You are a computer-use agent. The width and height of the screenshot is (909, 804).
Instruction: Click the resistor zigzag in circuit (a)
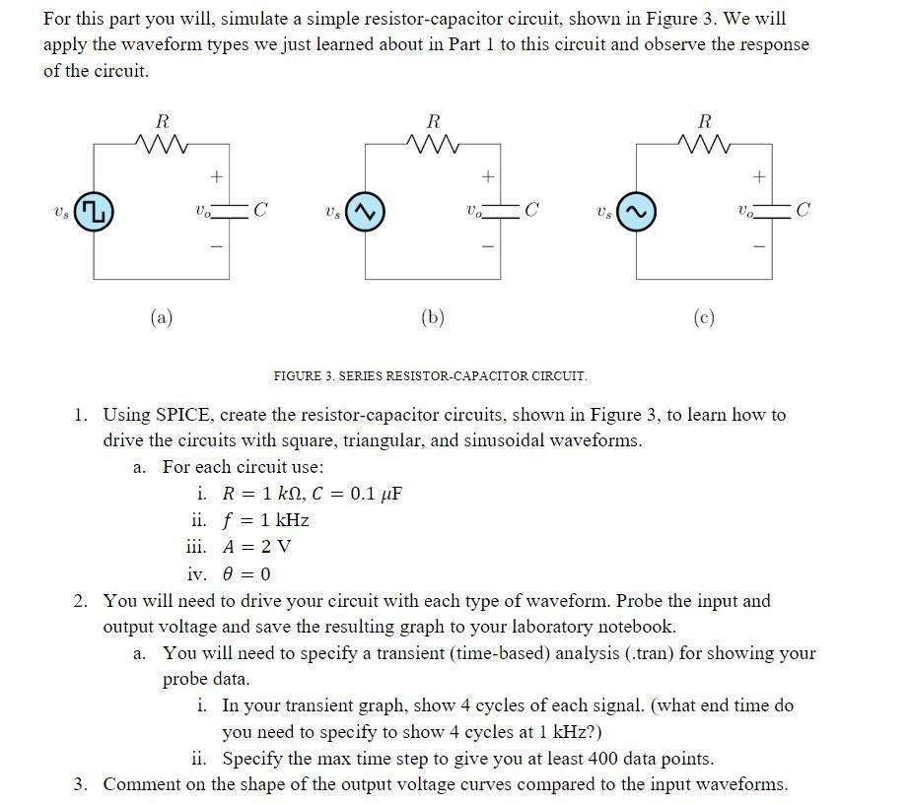coord(161,146)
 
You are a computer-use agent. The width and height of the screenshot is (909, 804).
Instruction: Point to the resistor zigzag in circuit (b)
coord(432,146)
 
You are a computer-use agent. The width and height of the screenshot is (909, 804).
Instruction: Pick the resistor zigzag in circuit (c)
coord(703,146)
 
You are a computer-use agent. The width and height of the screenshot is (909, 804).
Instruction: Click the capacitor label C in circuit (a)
coord(260,209)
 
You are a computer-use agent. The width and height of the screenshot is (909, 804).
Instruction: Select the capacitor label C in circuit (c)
coord(804,209)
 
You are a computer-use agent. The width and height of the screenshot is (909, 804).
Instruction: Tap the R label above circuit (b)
coord(433,121)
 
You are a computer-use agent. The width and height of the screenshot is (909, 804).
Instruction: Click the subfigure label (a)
coord(161,317)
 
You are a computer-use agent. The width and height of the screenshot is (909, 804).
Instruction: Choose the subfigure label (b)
coord(432,317)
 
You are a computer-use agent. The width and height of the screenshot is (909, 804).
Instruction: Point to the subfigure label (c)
coord(703,317)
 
